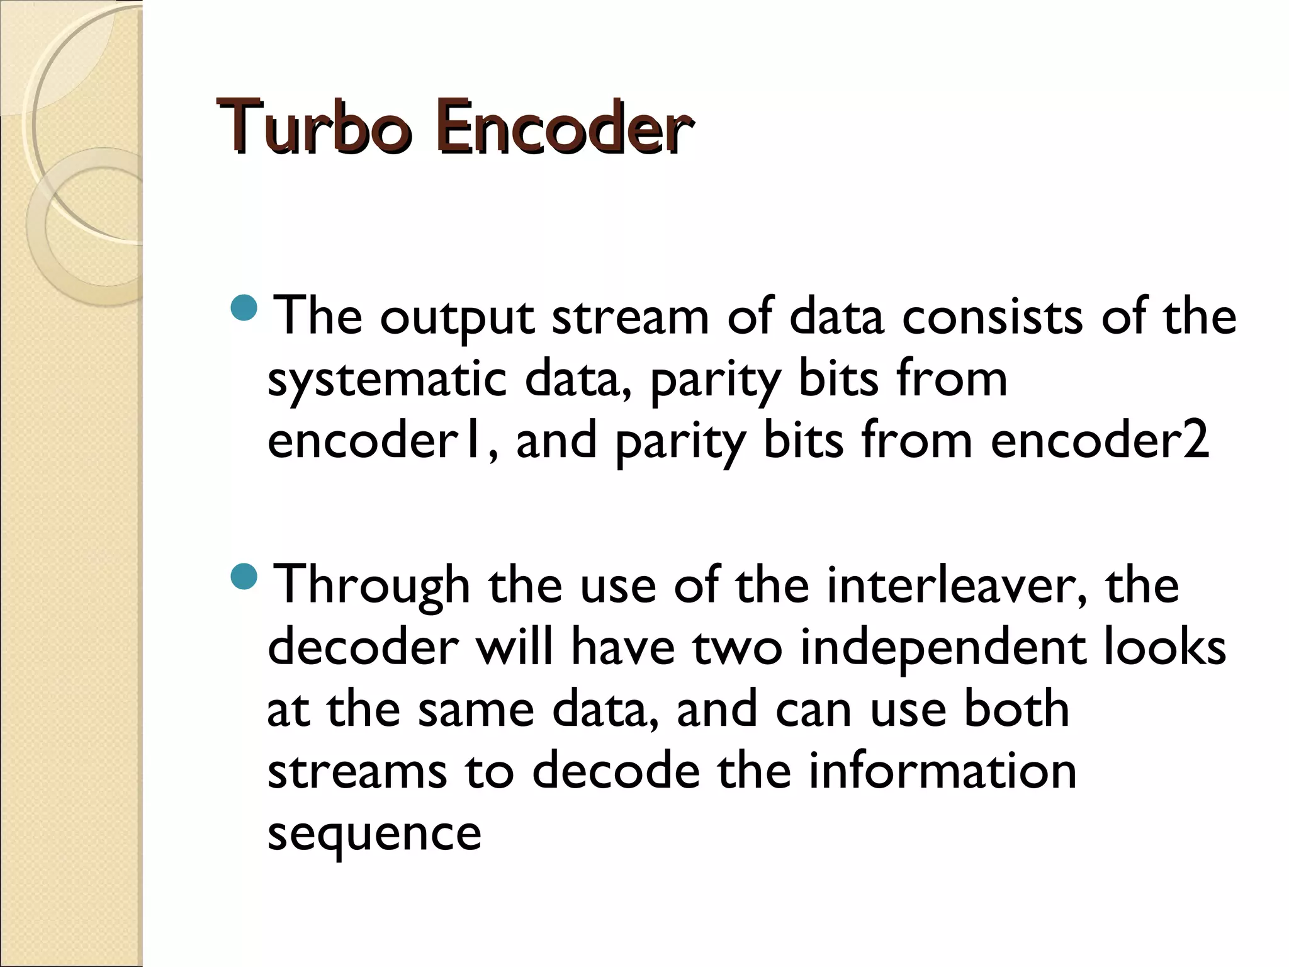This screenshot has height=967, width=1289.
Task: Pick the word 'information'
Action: (942, 771)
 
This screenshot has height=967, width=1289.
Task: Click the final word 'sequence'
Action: (374, 835)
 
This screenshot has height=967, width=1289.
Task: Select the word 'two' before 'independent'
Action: (738, 648)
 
